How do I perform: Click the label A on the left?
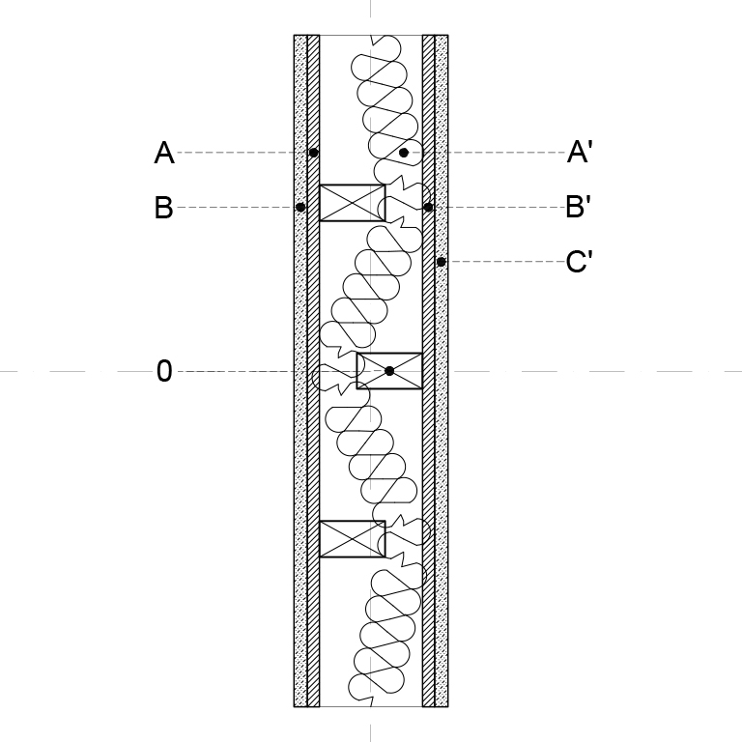(x=164, y=153)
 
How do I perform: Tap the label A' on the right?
(x=580, y=152)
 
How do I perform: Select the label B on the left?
(x=163, y=208)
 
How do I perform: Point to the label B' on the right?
(x=579, y=207)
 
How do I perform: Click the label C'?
(x=580, y=261)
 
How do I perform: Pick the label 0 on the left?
(x=164, y=371)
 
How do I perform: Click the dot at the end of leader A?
(x=313, y=153)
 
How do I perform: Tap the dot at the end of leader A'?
(x=404, y=153)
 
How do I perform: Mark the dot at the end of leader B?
(x=300, y=207)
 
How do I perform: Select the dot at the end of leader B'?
(x=428, y=207)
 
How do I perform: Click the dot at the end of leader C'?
(x=441, y=261)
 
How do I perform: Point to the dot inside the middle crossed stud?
(x=389, y=371)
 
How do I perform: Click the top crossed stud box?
(x=353, y=203)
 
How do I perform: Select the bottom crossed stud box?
(x=353, y=538)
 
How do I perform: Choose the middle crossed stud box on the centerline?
(x=389, y=371)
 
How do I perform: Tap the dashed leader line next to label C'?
(x=505, y=261)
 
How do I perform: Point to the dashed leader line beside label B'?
(x=499, y=207)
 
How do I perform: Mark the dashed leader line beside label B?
(x=237, y=207)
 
